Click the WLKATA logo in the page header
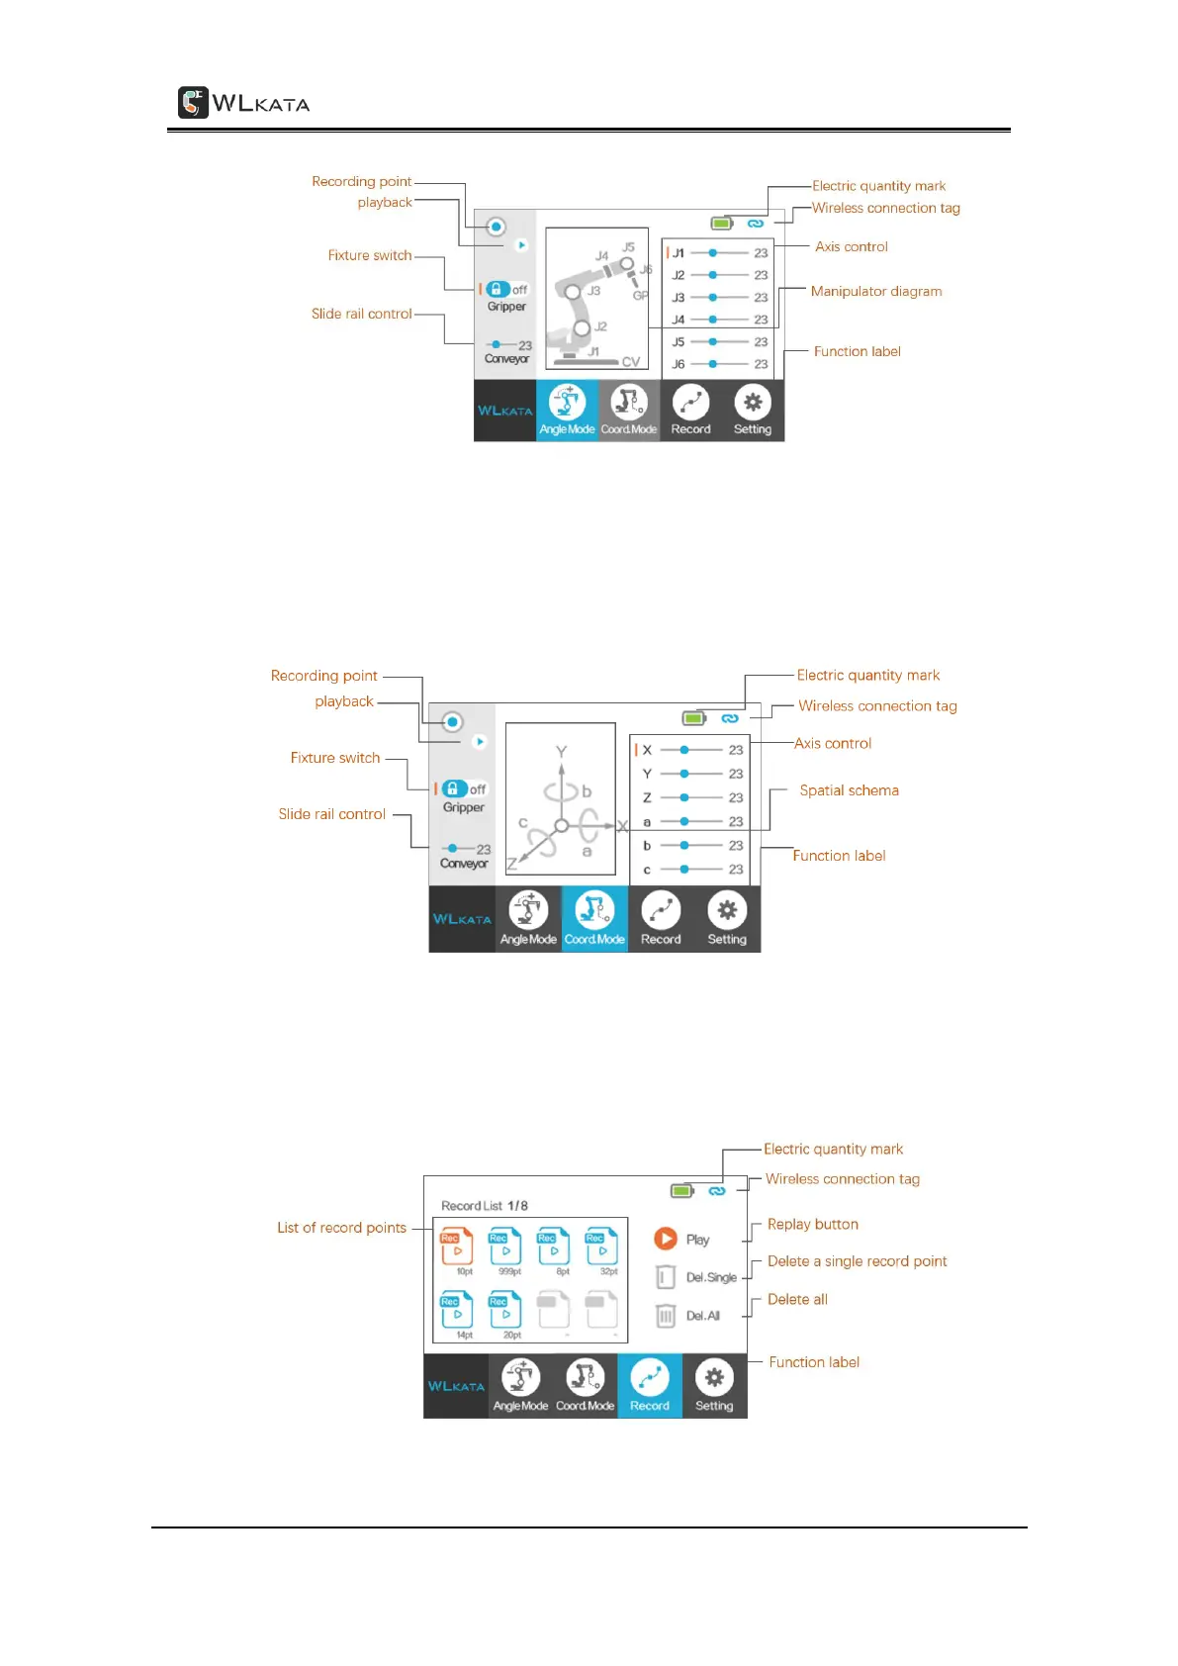243,103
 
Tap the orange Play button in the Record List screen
666,1239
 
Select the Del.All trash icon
666,1316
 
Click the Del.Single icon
666,1277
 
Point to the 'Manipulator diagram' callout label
875,292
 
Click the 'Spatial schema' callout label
849,790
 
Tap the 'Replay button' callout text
812,1225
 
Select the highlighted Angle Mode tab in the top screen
567,410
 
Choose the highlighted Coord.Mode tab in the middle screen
594,918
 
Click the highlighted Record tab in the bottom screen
650,1385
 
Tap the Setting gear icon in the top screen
753,403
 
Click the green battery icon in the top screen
721,224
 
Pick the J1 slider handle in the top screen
713,253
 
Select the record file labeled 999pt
505,1249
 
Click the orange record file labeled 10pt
457,1249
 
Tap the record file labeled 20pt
505,1312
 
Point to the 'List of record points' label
341,1228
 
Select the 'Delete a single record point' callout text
857,1261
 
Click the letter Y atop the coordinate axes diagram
561,752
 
